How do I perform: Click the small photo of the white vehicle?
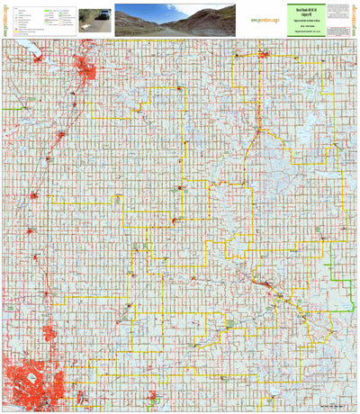[x=95, y=18]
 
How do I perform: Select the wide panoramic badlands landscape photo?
[x=175, y=20]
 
